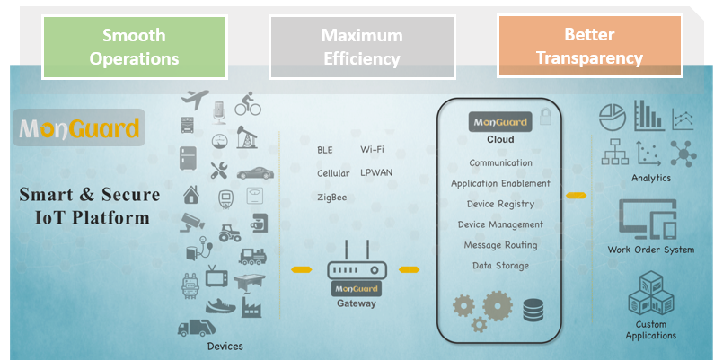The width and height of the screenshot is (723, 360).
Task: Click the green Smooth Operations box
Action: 133,47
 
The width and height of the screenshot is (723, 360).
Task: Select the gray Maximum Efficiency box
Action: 362,47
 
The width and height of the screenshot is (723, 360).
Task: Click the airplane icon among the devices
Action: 195,98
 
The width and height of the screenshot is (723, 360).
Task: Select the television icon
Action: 216,277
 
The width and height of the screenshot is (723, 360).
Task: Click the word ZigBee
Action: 331,197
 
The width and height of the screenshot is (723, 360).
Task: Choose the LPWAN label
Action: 376,172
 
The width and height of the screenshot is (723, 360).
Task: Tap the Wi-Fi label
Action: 373,149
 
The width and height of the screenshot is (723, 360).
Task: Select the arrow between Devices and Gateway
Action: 302,268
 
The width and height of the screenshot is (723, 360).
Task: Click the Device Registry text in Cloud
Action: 500,204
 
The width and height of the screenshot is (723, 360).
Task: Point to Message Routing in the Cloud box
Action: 500,245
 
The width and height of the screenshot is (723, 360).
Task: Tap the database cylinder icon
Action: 533,311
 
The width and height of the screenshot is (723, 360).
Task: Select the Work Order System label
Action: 651,250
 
